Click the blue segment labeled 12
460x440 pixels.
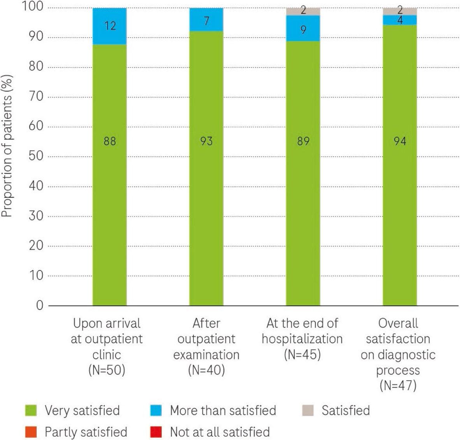point(110,26)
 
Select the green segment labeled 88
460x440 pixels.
point(110,175)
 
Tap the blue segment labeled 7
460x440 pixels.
point(206,20)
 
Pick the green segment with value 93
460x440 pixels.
point(206,175)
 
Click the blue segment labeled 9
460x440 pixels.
point(303,28)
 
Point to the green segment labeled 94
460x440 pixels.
point(400,175)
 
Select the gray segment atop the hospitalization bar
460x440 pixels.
point(303,11)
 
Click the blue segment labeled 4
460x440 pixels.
point(400,20)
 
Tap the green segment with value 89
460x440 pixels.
point(303,175)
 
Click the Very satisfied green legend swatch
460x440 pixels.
point(31,410)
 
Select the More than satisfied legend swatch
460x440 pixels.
point(156,410)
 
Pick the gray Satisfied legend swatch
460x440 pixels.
point(308,410)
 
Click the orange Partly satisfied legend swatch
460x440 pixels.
point(31,432)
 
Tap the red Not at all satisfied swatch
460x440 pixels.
point(156,432)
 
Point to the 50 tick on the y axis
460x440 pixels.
point(36,157)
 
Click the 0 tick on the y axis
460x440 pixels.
point(39,306)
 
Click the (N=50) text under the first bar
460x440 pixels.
point(107,370)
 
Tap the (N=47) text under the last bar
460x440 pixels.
point(398,385)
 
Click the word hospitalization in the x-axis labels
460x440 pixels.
point(302,339)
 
